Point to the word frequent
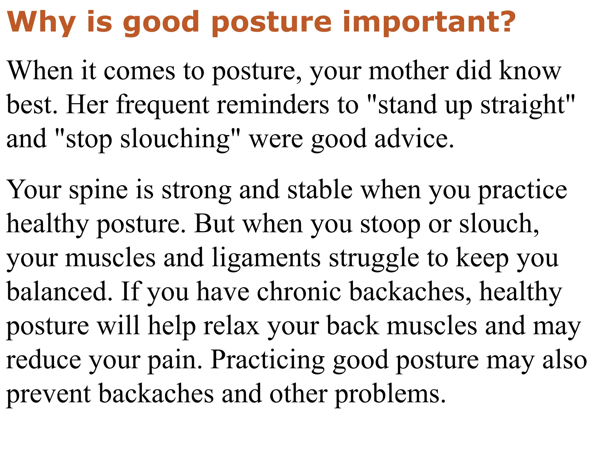[x=163, y=105]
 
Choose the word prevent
[x=49, y=394]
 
